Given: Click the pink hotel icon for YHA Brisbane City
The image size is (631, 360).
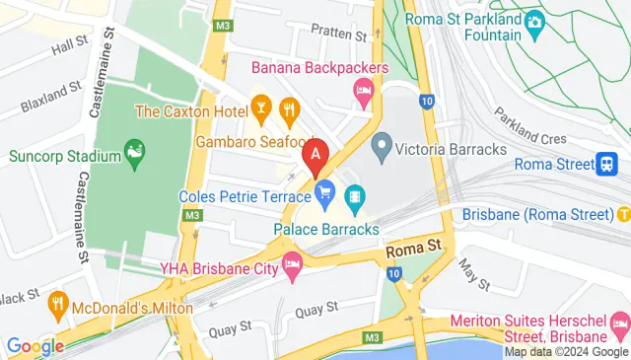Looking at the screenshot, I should pos(292,263).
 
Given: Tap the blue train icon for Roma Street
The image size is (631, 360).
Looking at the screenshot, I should pos(608,165).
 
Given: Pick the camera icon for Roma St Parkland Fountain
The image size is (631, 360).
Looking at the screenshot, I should pos(534,21).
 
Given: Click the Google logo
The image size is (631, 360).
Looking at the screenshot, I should pos(35,346).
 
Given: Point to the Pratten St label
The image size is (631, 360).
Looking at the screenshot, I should pos(338,33).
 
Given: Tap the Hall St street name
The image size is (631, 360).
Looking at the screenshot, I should pos(70,45).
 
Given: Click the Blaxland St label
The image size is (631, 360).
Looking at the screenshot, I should pos(49,94).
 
